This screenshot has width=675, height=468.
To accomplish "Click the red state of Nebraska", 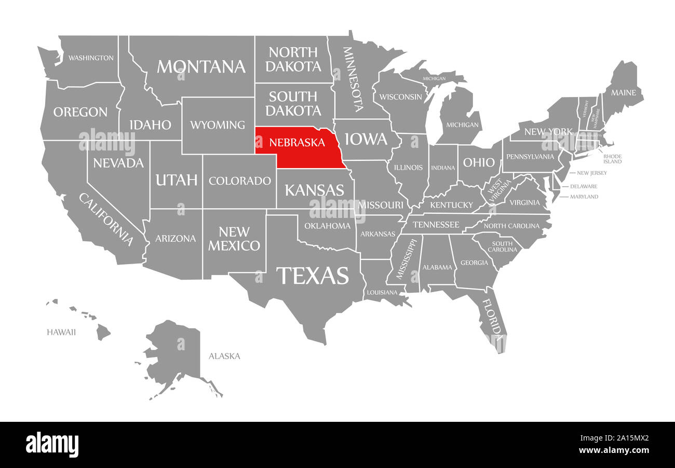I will pos(301,150).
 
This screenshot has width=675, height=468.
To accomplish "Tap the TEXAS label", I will pos(312,275).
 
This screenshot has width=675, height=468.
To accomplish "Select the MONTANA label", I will pos(201,66).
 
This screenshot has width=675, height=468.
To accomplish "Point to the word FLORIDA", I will pos(492,316).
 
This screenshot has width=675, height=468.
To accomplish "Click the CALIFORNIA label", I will pos(106,219).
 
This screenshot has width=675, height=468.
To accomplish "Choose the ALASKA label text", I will pos(224,356).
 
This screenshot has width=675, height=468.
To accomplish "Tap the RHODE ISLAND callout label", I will pos(612,159).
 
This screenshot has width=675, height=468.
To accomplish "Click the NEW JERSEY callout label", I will pos(591,173).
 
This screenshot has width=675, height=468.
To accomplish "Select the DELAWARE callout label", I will pos(584,186).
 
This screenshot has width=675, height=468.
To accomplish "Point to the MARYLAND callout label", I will pos(584,197).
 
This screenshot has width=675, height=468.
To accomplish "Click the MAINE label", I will pos(623,93).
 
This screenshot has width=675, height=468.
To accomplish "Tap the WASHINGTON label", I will pos(91,58).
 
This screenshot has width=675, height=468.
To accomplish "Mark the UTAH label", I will pos(177,180).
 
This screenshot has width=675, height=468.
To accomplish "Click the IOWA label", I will pos(366,139).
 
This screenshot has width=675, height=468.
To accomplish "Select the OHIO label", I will pos(479,162).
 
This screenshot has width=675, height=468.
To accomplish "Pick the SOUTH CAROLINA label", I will pos(503,246).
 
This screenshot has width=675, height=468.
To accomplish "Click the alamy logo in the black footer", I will pos(52,445).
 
